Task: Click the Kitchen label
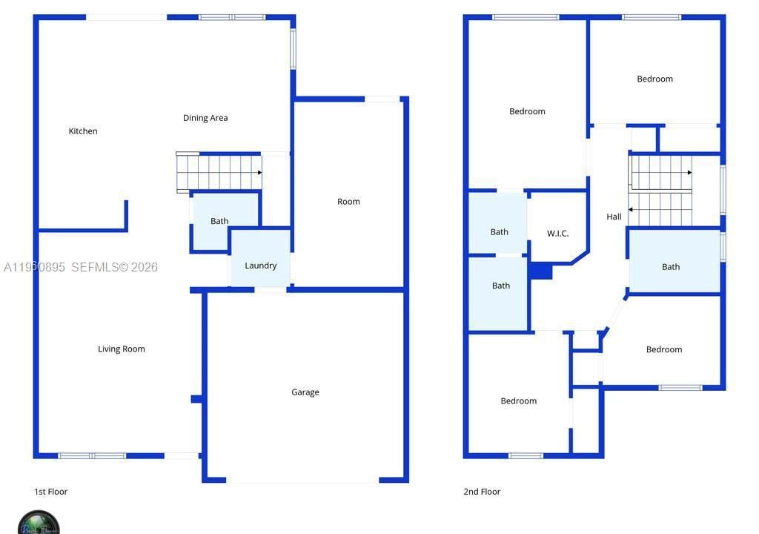tap(83, 131)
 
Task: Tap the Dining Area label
tap(205, 118)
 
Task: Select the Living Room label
tap(122, 349)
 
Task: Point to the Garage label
tap(305, 392)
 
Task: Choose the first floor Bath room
tap(219, 221)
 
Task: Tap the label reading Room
tap(348, 202)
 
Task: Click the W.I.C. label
tap(558, 234)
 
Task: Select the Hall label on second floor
tap(614, 217)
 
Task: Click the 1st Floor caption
tap(51, 492)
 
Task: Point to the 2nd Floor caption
tap(482, 492)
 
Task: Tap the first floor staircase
tap(219, 172)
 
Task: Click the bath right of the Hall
tap(671, 267)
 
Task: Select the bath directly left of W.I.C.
tap(500, 232)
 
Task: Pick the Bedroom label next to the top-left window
tap(527, 112)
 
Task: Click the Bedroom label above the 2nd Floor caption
tap(518, 401)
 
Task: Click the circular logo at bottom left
tap(39, 522)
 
